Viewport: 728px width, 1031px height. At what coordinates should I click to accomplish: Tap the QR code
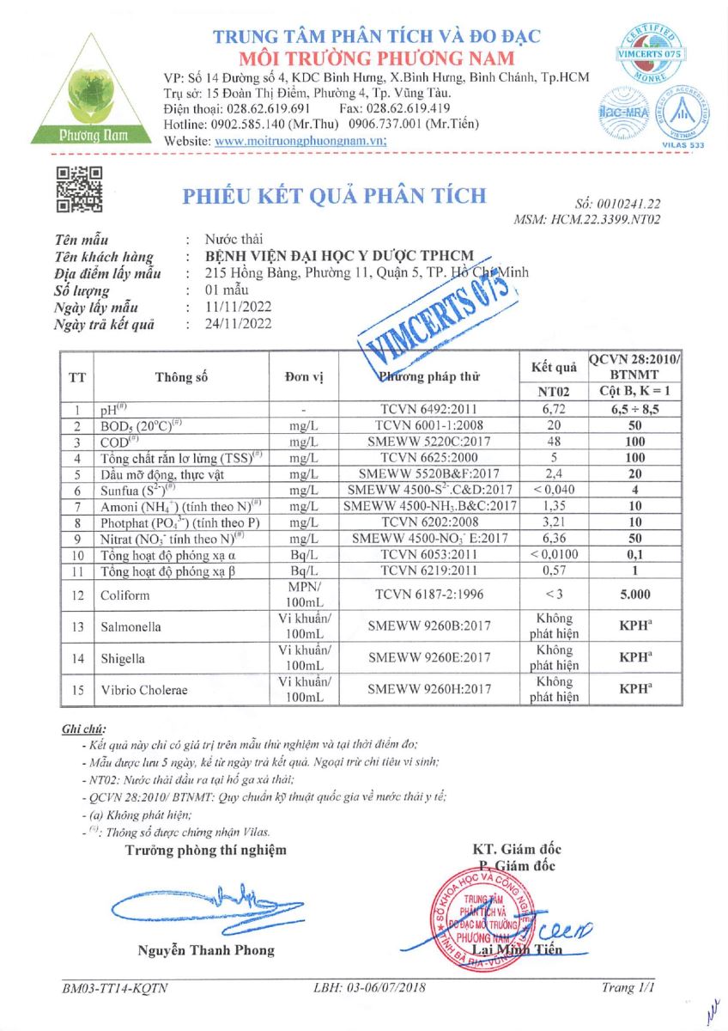[x=79, y=189]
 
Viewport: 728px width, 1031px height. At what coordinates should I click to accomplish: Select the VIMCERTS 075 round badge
[x=649, y=52]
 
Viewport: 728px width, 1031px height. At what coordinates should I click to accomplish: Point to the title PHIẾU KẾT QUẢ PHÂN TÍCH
[x=334, y=195]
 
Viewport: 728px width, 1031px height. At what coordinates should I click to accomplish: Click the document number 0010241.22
[x=631, y=204]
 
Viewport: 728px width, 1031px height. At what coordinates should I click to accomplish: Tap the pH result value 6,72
[x=555, y=410]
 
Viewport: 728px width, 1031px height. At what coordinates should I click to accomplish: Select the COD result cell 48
[x=555, y=442]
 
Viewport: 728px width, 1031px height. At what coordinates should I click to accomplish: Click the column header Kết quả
[x=555, y=368]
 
